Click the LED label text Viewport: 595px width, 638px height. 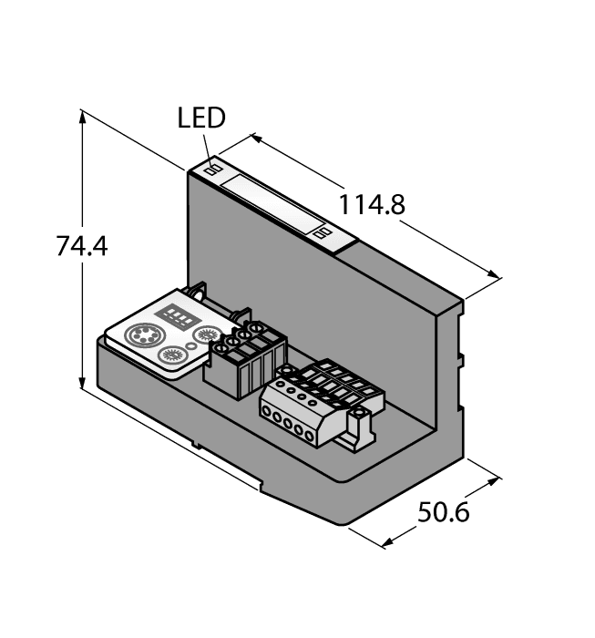tap(201, 118)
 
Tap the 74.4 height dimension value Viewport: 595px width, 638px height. tap(82, 246)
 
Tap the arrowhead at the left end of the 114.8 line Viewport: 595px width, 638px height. tap(253, 138)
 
